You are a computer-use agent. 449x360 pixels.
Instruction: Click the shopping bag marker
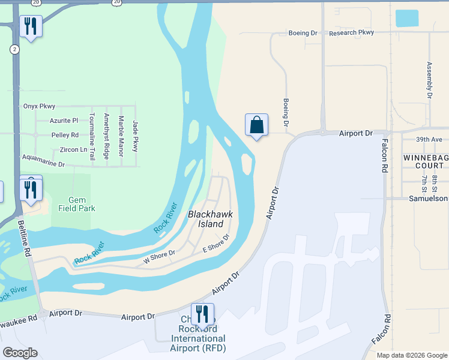tap(256, 125)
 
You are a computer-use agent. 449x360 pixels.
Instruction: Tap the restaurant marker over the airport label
tap(202, 314)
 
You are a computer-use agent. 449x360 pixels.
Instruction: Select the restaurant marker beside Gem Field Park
tap(30, 189)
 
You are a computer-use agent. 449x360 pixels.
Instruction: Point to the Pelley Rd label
tap(65, 135)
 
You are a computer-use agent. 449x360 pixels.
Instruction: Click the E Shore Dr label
tap(216, 243)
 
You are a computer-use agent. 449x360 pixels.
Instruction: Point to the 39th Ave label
tap(429, 139)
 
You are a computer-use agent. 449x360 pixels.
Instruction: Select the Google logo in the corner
tap(20, 353)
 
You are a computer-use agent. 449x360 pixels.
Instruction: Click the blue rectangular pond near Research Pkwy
tap(406, 19)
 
